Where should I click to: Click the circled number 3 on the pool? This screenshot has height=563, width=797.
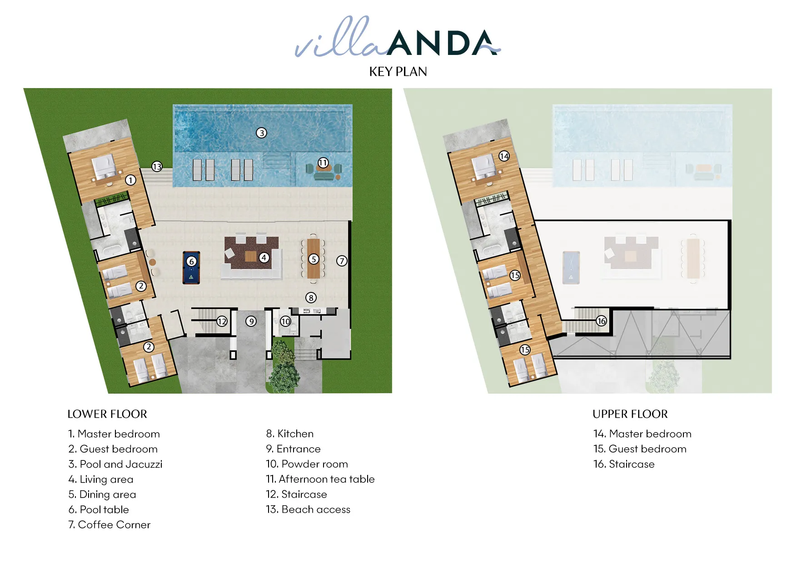tap(261, 133)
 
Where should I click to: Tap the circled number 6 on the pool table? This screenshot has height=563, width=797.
tap(192, 262)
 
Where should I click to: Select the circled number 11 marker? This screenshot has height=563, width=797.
tap(323, 163)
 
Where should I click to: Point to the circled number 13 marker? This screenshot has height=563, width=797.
tap(157, 167)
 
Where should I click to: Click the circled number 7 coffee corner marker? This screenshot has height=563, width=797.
tap(342, 261)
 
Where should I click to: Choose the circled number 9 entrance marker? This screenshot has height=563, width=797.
tap(251, 321)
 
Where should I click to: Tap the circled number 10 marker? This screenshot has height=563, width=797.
tap(285, 321)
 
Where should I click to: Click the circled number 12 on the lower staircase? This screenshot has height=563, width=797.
tap(222, 321)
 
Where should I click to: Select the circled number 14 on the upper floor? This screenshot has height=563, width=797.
tap(504, 156)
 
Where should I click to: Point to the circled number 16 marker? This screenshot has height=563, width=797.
tap(602, 321)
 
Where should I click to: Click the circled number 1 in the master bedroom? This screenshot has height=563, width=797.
tap(131, 180)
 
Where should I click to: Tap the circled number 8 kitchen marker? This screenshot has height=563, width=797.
tap(311, 298)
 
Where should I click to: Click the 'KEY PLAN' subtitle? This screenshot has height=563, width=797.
tap(398, 72)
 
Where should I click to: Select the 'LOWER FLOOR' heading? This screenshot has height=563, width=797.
tap(107, 414)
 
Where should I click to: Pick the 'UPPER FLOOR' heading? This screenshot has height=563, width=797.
tap(630, 414)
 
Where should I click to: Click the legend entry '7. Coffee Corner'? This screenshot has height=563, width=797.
tap(109, 525)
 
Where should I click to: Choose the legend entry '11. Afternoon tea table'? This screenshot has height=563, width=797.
tap(320, 479)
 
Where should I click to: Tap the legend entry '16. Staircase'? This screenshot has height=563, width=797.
tap(624, 464)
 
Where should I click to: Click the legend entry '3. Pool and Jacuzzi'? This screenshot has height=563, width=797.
tap(115, 464)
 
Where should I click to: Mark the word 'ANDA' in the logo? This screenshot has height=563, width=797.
tap(443, 43)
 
